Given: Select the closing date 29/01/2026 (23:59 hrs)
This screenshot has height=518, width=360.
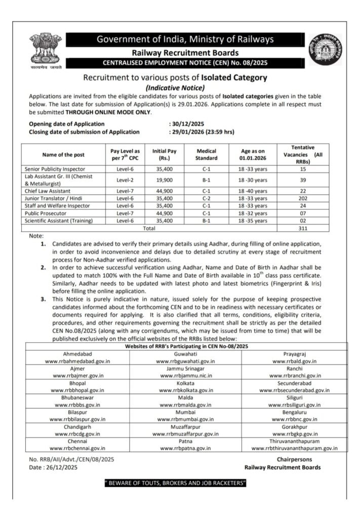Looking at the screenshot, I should point(201,132).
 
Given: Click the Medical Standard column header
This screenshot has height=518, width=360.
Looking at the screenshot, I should point(206,154).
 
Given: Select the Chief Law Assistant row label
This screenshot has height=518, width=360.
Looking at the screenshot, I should point(49,192).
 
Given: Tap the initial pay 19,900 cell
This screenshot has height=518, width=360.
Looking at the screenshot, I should point(164,180).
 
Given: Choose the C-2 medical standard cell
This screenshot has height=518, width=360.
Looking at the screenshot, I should point(206,199).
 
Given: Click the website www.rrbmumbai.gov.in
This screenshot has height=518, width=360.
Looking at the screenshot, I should point(185,419).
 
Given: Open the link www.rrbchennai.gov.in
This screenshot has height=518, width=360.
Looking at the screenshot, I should point(77,448).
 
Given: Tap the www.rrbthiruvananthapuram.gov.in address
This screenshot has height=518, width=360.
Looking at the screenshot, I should point(294,448).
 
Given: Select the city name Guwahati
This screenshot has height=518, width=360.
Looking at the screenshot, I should point(185,354).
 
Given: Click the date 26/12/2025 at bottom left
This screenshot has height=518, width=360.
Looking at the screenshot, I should point(58,467).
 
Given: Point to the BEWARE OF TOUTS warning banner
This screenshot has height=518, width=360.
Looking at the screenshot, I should point(175,484).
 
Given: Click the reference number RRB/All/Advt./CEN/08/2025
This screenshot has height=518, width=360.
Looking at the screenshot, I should point(71,459).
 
